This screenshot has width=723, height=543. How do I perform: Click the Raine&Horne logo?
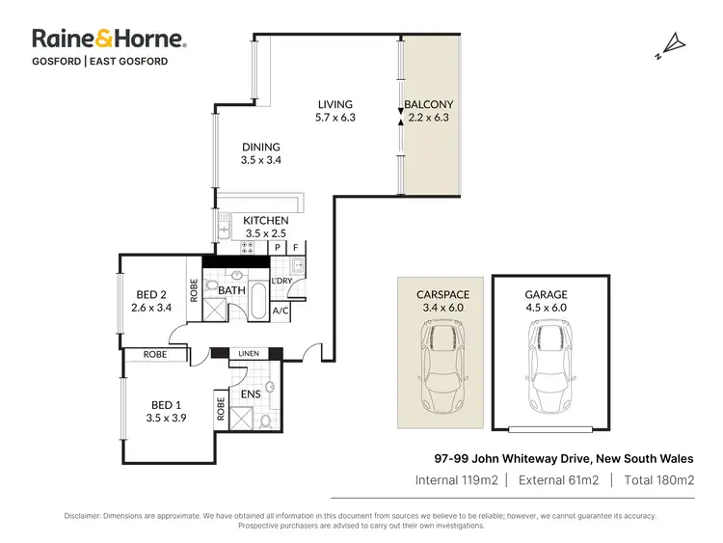point(109,39)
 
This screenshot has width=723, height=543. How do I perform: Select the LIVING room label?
point(335,104)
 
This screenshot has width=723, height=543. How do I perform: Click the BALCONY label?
point(428,104)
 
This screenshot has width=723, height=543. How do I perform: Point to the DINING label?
point(260,148)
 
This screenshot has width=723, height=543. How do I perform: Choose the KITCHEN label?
point(266,221)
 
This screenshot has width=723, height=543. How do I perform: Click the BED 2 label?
point(150,294)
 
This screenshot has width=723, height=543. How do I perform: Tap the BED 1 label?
point(164,404)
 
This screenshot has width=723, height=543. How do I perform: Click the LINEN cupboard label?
point(249,355)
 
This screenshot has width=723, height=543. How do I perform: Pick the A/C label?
point(281,311)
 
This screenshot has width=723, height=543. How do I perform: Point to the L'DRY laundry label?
point(281,281)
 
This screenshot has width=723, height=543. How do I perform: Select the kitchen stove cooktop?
point(247,246)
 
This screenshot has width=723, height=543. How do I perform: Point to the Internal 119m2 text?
point(456,479)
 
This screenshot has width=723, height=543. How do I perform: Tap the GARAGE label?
point(546,294)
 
